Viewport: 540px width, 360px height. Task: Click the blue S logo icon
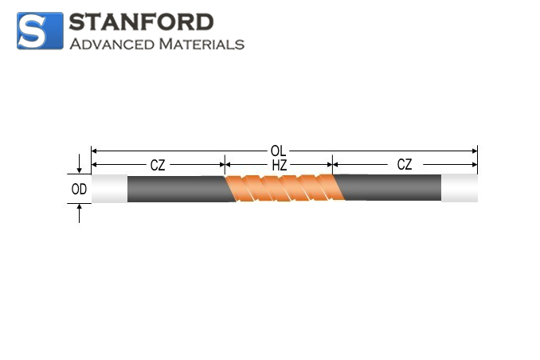tap(40, 30)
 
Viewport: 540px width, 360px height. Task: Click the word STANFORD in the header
tap(141, 22)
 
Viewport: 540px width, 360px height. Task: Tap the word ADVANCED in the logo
tap(112, 44)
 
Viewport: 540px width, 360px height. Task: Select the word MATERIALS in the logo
tap(202, 44)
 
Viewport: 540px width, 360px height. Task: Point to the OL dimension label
tap(278, 151)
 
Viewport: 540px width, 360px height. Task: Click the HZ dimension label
tap(280, 166)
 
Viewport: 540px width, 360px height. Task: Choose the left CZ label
tap(158, 166)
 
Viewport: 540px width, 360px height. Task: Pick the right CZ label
tap(405, 165)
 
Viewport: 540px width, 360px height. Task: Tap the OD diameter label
tap(79, 189)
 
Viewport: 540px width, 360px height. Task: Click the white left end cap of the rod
tap(110, 189)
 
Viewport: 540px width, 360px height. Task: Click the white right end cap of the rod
tap(460, 188)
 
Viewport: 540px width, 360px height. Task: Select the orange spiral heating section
tap(285, 188)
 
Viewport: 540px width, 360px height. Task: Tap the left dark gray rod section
tap(179, 189)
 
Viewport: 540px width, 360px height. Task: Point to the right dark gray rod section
tap(389, 187)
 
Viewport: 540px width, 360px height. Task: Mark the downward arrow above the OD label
tap(79, 163)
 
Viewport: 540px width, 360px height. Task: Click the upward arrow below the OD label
tap(79, 213)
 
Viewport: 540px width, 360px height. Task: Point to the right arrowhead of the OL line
tap(475, 151)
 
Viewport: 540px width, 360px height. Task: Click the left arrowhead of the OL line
tap(94, 151)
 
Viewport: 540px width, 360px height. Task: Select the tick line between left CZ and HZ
tap(225, 165)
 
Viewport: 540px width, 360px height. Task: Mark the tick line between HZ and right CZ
tap(332, 165)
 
